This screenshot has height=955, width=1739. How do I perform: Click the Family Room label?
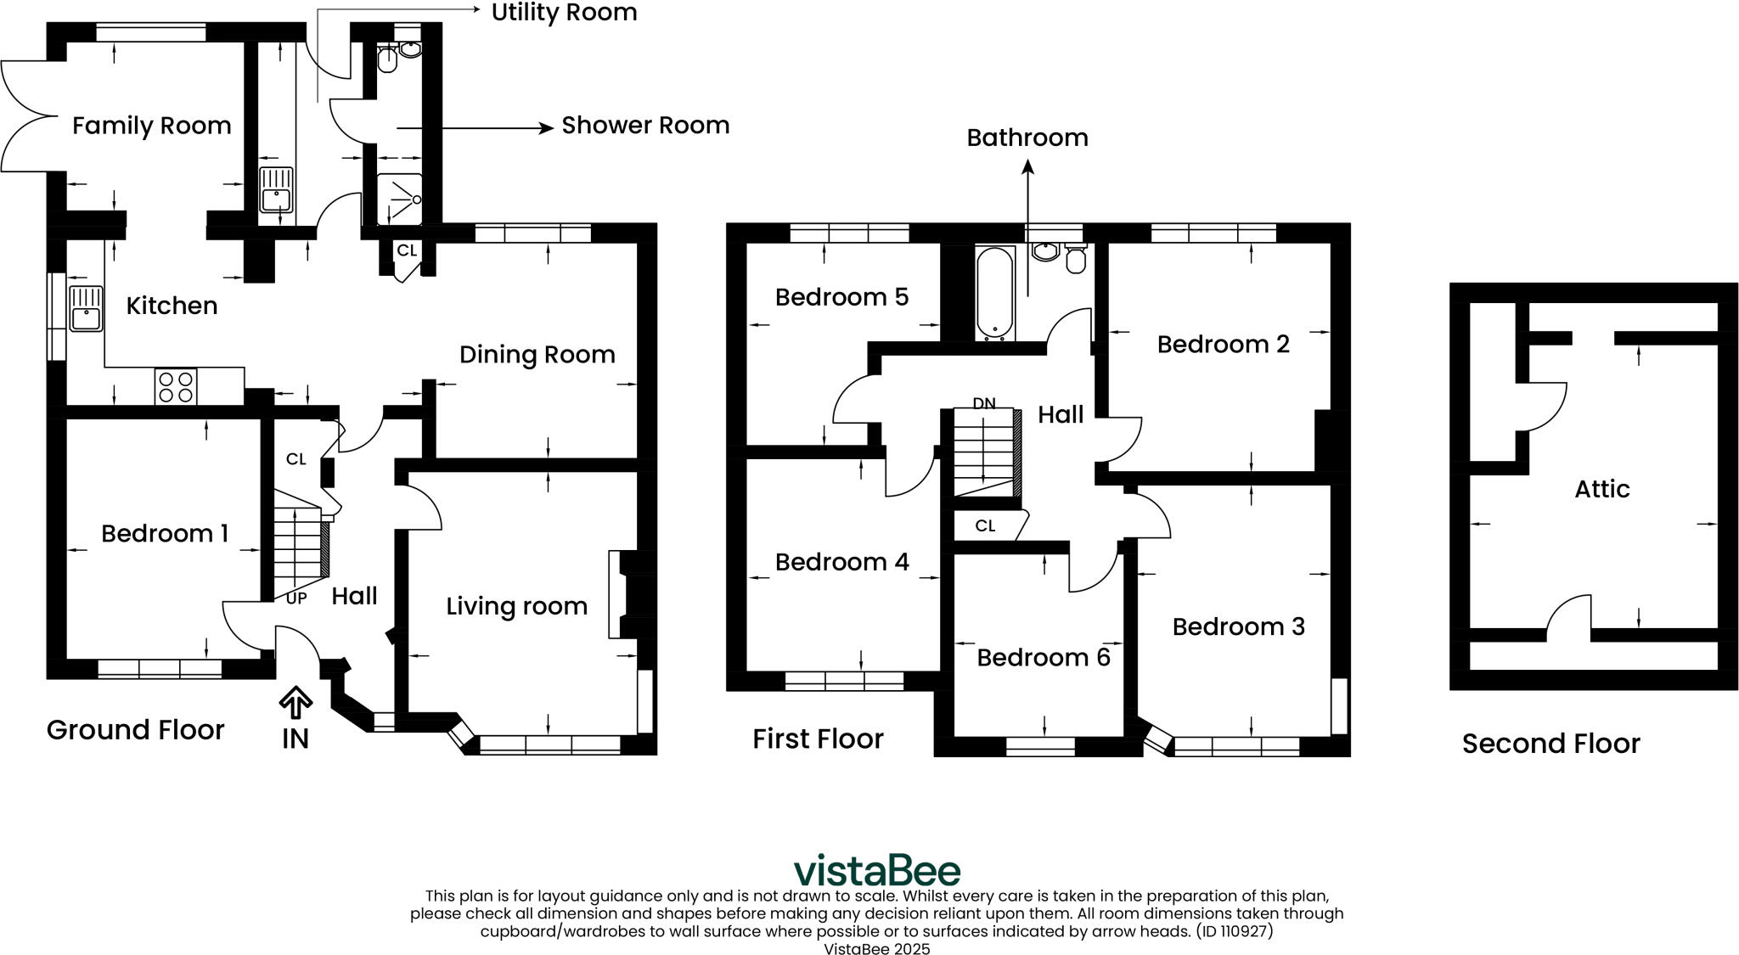pos(151,126)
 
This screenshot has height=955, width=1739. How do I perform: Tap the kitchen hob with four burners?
pos(176,386)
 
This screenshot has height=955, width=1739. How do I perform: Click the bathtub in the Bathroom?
pos(994,293)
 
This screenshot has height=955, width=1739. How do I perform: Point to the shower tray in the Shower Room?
pos(399,199)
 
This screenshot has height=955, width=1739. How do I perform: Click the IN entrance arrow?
pos(295,704)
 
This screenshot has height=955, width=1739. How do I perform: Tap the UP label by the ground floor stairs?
pos(296,598)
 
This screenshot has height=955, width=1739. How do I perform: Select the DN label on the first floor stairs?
pos(984,403)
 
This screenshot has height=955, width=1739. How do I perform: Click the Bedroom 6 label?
pos(1044,658)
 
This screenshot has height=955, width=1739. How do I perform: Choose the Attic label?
pos(1602,489)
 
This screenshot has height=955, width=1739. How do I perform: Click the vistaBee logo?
pos(877,871)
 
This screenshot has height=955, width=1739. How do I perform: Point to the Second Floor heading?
pos(1550,744)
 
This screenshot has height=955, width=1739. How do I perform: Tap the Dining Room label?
pos(537,355)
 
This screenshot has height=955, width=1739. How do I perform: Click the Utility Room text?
pos(565,13)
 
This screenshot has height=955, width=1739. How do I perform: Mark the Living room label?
pos(517,606)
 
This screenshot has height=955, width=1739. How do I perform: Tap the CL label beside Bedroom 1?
pos(295,459)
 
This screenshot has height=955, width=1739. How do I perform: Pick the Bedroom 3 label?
pos(1239,626)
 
